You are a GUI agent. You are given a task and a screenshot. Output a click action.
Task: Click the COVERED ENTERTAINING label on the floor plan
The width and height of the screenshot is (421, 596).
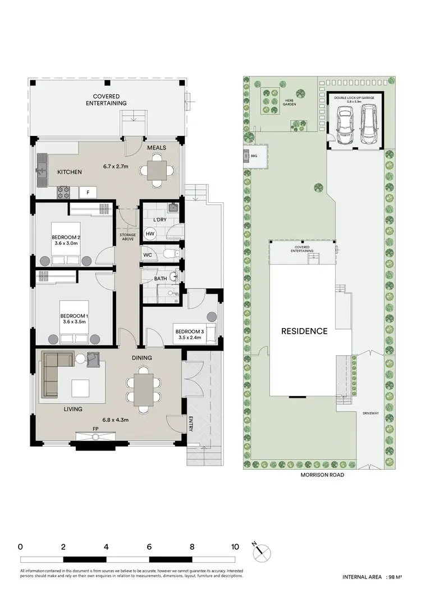coord(106,100)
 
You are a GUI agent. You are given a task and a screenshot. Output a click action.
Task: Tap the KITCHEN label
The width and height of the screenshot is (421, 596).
coord(70,172)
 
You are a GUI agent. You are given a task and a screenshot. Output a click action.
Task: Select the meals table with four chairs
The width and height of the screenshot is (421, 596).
coord(157,170)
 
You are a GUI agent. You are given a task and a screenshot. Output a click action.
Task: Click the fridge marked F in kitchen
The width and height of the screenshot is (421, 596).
coord(88,193)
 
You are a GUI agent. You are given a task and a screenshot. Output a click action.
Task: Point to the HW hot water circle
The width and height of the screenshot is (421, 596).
coord(150,234)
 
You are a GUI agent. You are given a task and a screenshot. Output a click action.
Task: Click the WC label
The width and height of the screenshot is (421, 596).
coord(148,255)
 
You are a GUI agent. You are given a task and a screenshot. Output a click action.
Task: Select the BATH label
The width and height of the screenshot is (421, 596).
coord(161,278)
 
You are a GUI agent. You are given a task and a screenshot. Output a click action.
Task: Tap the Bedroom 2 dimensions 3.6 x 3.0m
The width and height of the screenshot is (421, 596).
coord(66,243)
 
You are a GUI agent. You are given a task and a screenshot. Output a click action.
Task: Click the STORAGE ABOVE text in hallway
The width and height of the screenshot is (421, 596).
coord(127,236)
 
